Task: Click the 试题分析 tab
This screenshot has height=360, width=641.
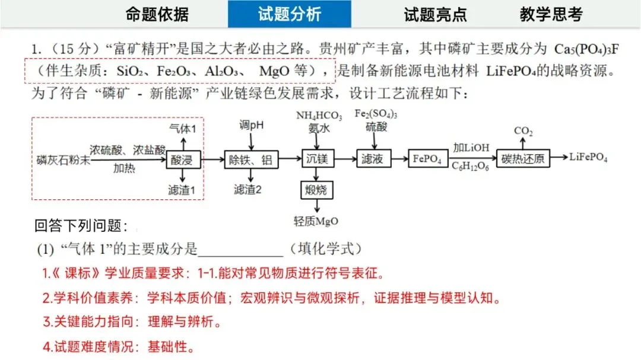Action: coord(289,14)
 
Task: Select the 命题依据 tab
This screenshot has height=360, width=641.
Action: coord(157,14)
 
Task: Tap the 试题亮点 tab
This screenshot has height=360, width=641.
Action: coord(435,14)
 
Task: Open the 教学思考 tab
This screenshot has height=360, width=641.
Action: coord(551,14)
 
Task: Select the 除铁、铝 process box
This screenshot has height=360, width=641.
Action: coord(250,159)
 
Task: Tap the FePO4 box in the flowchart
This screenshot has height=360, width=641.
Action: coord(427,159)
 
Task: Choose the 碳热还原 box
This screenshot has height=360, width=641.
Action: coord(523,159)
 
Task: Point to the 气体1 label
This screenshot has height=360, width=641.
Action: coord(186,128)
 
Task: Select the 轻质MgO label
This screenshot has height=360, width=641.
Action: coord(316,221)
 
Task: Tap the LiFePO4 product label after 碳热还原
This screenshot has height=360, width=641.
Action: coord(588,157)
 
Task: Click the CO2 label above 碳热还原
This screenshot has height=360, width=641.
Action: coord(523,130)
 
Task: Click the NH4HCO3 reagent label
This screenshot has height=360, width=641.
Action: coord(319,115)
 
